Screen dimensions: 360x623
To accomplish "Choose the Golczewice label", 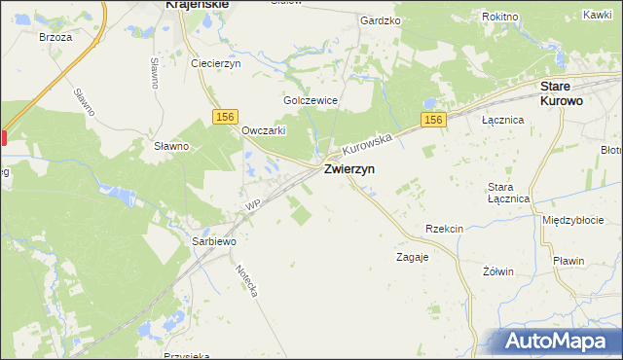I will (x=310, y=100).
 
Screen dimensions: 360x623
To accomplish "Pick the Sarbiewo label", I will (x=213, y=239).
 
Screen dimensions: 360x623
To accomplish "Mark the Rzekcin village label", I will (x=444, y=229).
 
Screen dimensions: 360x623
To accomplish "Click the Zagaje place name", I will (x=412, y=258).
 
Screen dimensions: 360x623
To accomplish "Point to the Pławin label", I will (x=567, y=261).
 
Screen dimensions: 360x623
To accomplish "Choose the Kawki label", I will (x=597, y=15).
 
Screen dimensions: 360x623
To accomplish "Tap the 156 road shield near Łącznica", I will (x=433, y=120).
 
